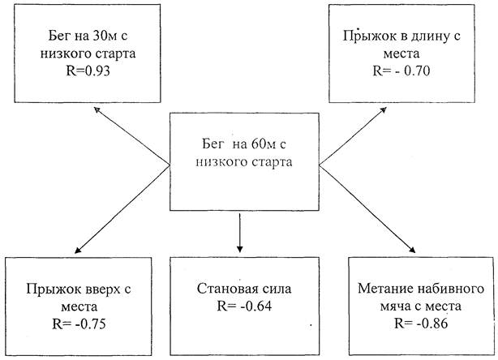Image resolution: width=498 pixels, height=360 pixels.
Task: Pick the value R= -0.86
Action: [416, 324]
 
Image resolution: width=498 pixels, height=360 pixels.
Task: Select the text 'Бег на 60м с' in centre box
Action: [243, 144]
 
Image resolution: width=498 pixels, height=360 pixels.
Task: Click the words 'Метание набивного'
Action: [416, 289]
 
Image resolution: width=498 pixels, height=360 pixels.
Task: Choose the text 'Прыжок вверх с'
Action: [78, 289]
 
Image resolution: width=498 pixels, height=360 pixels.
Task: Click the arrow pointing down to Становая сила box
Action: [240, 231]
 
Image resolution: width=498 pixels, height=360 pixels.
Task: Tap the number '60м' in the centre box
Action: [257, 144]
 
